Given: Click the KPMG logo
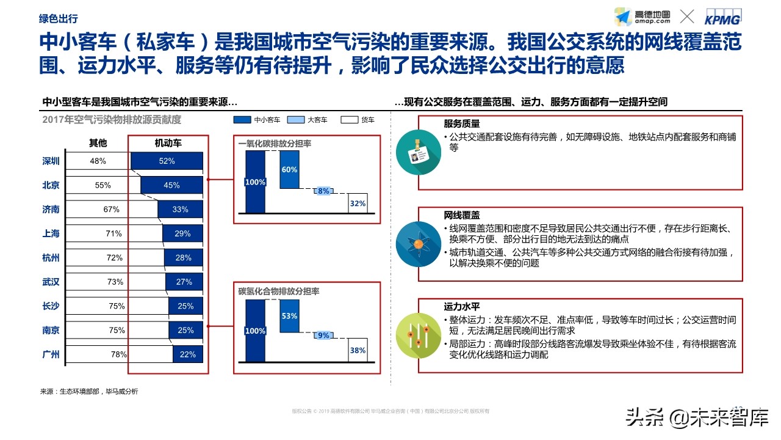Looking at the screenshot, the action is (731, 17).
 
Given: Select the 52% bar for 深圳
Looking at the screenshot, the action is (167, 161).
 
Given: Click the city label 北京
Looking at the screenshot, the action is (51, 185).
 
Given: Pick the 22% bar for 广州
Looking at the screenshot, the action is (187, 354).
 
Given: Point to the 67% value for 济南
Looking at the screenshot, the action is (111, 210).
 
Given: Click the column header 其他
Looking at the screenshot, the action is (98, 143).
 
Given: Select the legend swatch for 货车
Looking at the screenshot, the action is (349, 120).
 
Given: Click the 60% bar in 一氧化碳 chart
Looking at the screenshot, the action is (289, 170).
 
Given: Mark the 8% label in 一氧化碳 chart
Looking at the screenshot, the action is (323, 191).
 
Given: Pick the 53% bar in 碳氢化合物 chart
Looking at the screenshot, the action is (289, 317).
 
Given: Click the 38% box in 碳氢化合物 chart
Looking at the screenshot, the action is (358, 350).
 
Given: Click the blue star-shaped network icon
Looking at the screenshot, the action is (418, 244).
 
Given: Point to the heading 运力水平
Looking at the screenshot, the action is (461, 307).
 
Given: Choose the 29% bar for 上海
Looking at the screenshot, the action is (182, 233).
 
